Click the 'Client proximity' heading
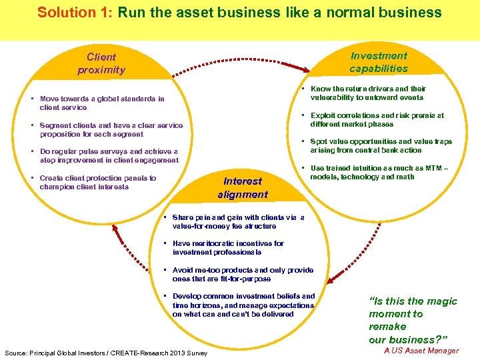[x=101, y=63]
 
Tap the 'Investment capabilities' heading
[x=378, y=62]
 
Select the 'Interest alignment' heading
[x=243, y=187]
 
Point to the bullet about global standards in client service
[x=101, y=103]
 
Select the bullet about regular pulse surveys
[x=109, y=156]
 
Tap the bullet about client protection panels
[x=97, y=182]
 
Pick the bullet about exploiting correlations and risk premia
[x=377, y=119]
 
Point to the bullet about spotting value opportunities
[x=381, y=145]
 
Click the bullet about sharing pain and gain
[x=238, y=221]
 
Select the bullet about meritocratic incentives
[x=228, y=247]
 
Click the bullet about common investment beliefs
[x=243, y=305]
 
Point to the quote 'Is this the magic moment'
[x=413, y=320]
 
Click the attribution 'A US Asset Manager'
[x=421, y=351]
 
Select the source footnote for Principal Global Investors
[x=105, y=353]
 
